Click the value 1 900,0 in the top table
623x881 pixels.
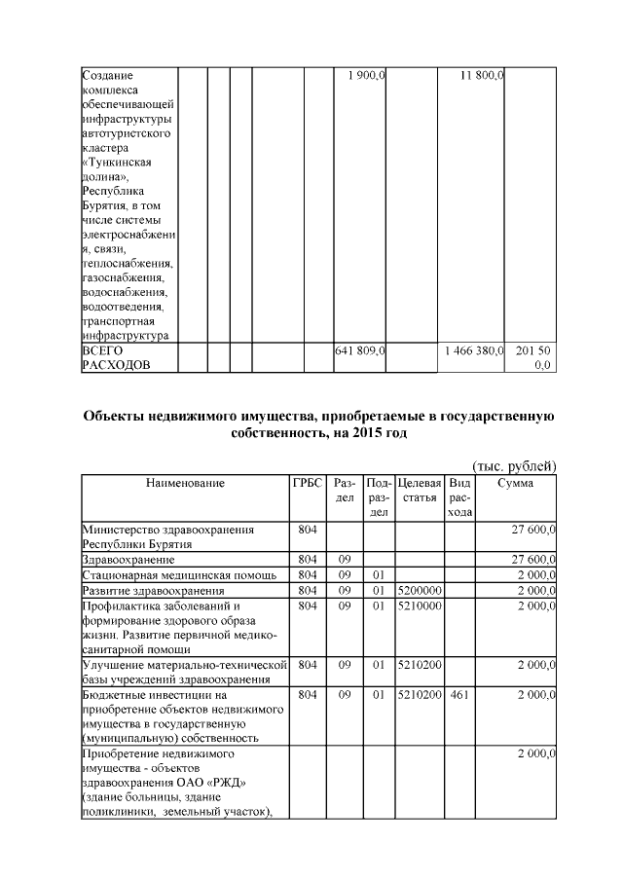[368, 75]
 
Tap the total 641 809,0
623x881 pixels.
[361, 349]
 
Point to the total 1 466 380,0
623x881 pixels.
[473, 349]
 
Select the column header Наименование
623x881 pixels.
[185, 483]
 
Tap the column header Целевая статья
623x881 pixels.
[421, 490]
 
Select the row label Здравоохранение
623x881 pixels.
[128, 561]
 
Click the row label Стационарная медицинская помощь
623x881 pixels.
[161, 575]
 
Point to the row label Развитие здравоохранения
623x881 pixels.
[154, 590]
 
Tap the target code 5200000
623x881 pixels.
[421, 590]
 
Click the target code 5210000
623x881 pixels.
[421, 605]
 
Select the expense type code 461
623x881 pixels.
[454, 696]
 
